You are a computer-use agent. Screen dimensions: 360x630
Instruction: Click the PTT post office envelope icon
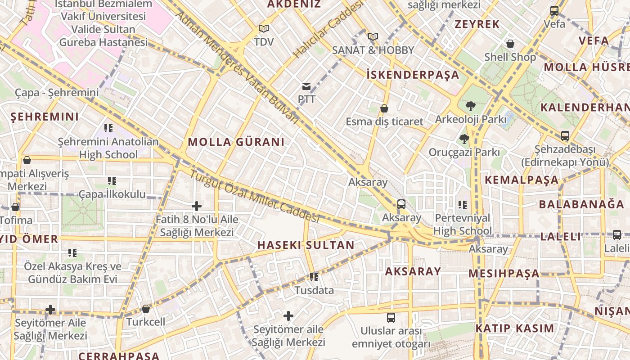tap(306, 86)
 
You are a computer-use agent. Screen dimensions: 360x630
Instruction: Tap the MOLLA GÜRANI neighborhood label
tap(236, 142)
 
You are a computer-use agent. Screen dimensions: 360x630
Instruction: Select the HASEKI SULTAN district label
tap(306, 245)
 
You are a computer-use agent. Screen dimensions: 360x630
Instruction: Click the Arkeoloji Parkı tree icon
tap(471, 106)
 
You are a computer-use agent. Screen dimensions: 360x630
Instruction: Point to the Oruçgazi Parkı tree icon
tap(464, 139)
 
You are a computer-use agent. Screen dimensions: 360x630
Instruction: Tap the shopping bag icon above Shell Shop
tap(510, 44)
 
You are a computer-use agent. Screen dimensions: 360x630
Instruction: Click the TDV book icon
tap(264, 29)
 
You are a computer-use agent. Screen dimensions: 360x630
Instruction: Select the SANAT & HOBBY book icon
tap(373, 36)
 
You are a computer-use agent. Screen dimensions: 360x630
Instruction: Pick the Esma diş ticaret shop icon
tap(384, 108)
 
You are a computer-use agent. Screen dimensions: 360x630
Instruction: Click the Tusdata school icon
tap(314, 277)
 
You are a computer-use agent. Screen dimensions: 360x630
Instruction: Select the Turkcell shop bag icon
tap(145, 309)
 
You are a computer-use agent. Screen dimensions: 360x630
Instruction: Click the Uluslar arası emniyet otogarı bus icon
tap(391, 318)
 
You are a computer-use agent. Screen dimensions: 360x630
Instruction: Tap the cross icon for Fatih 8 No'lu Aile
tap(197, 206)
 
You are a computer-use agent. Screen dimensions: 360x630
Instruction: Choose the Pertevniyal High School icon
tap(463, 205)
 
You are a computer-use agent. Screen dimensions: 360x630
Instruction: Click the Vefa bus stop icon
tap(554, 11)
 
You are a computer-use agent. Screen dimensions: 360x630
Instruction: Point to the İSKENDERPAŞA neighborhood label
tap(413, 75)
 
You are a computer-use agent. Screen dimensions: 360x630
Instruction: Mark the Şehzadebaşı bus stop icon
tap(565, 135)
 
